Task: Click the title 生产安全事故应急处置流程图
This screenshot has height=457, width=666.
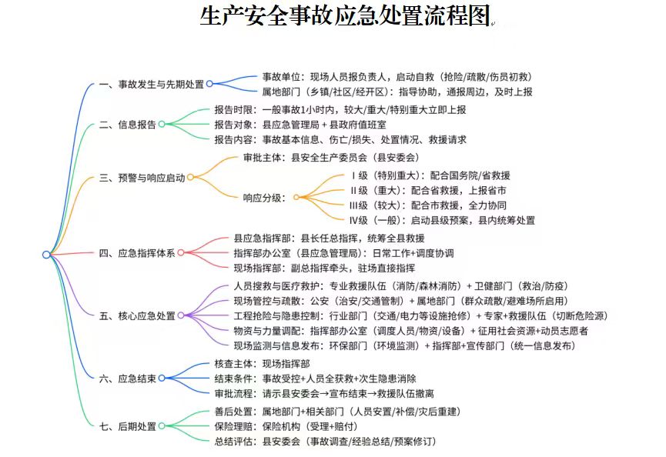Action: pyautogui.click(x=345, y=15)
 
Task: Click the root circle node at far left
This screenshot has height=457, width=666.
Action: pyautogui.click(x=46, y=254)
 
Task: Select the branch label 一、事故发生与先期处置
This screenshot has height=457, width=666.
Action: pyautogui.click(x=151, y=85)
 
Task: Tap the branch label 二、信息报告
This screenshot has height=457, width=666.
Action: pyautogui.click(x=127, y=125)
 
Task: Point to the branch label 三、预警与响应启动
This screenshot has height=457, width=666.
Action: pyautogui.click(x=142, y=178)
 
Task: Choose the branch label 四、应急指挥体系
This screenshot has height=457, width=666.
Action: pyautogui.click(x=137, y=253)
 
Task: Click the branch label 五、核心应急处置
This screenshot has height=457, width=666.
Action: pyautogui.click(x=137, y=315)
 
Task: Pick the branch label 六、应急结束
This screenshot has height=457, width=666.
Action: pyautogui.click(x=127, y=378)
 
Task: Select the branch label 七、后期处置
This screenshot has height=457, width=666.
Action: pyautogui.click(x=127, y=426)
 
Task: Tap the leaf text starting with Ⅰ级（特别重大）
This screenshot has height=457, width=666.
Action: pyautogui.click(x=430, y=175)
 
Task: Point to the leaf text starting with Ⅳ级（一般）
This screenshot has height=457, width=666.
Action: pyautogui.click(x=442, y=220)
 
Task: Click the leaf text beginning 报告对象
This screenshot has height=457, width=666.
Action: pyautogui.click(x=300, y=125)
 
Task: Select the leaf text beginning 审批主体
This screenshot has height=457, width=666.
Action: pyautogui.click(x=331, y=158)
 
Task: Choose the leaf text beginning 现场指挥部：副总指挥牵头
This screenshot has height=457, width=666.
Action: pyautogui.click(x=324, y=268)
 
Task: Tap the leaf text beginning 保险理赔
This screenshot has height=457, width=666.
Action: pyautogui.click(x=286, y=426)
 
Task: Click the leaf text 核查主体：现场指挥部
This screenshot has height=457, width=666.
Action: pyautogui.click(x=262, y=364)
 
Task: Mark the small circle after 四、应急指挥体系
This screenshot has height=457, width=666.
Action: pyautogui.click(x=181, y=253)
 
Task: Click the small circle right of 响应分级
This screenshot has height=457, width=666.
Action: pyautogui.click(x=296, y=197)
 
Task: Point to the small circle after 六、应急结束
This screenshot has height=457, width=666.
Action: pyautogui.click(x=162, y=378)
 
